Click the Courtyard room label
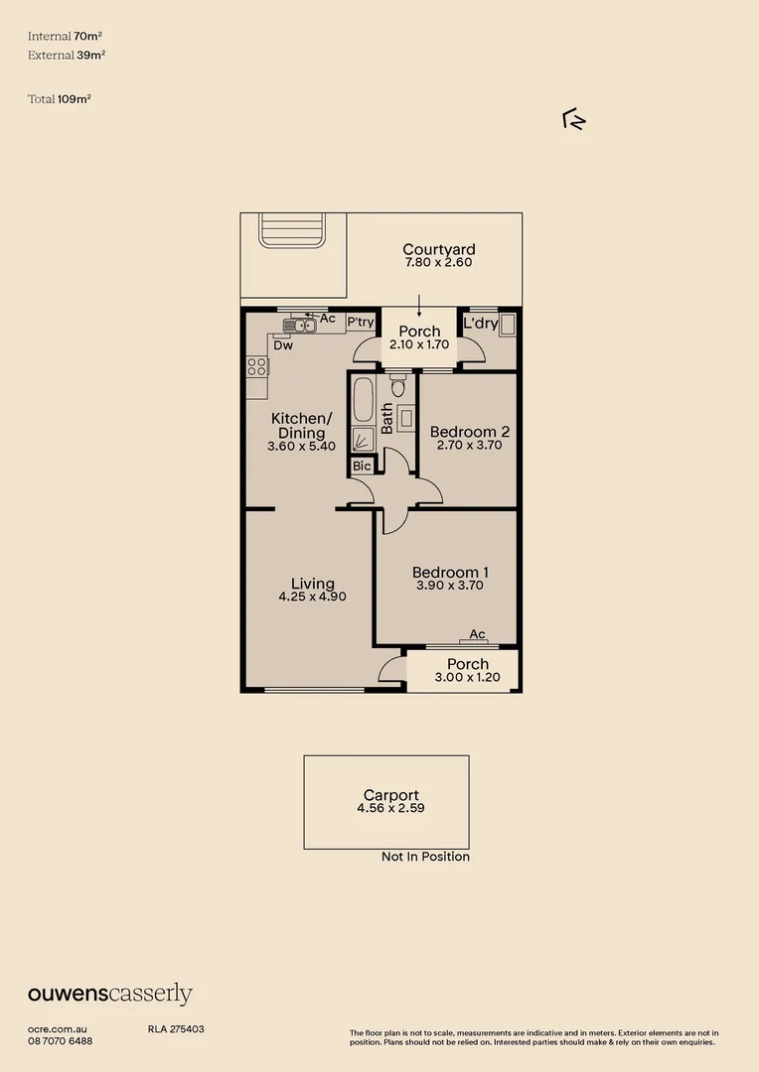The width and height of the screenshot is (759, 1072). click(438, 250)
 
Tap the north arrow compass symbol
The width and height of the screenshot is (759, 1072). click(573, 120)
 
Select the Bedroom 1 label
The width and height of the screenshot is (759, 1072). click(450, 573)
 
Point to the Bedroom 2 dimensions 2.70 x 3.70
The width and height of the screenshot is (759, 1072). click(469, 446)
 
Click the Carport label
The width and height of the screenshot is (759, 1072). click(390, 795)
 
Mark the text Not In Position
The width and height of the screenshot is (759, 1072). click(425, 857)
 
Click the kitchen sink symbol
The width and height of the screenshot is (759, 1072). click(299, 325)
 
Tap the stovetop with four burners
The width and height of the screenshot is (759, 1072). click(257, 366)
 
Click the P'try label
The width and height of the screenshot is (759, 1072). click(360, 323)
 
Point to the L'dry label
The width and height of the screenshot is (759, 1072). click(480, 325)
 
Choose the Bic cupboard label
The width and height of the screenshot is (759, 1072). click(361, 466)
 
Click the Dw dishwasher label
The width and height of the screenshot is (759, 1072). click(283, 345)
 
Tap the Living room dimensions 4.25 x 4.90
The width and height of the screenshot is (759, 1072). click(312, 597)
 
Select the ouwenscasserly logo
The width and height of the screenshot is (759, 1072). click(109, 995)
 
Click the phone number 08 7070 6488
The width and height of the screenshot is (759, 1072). click(61, 1040)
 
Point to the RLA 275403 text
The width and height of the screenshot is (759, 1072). click(176, 1029)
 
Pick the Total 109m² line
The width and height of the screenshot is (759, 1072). click(60, 98)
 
